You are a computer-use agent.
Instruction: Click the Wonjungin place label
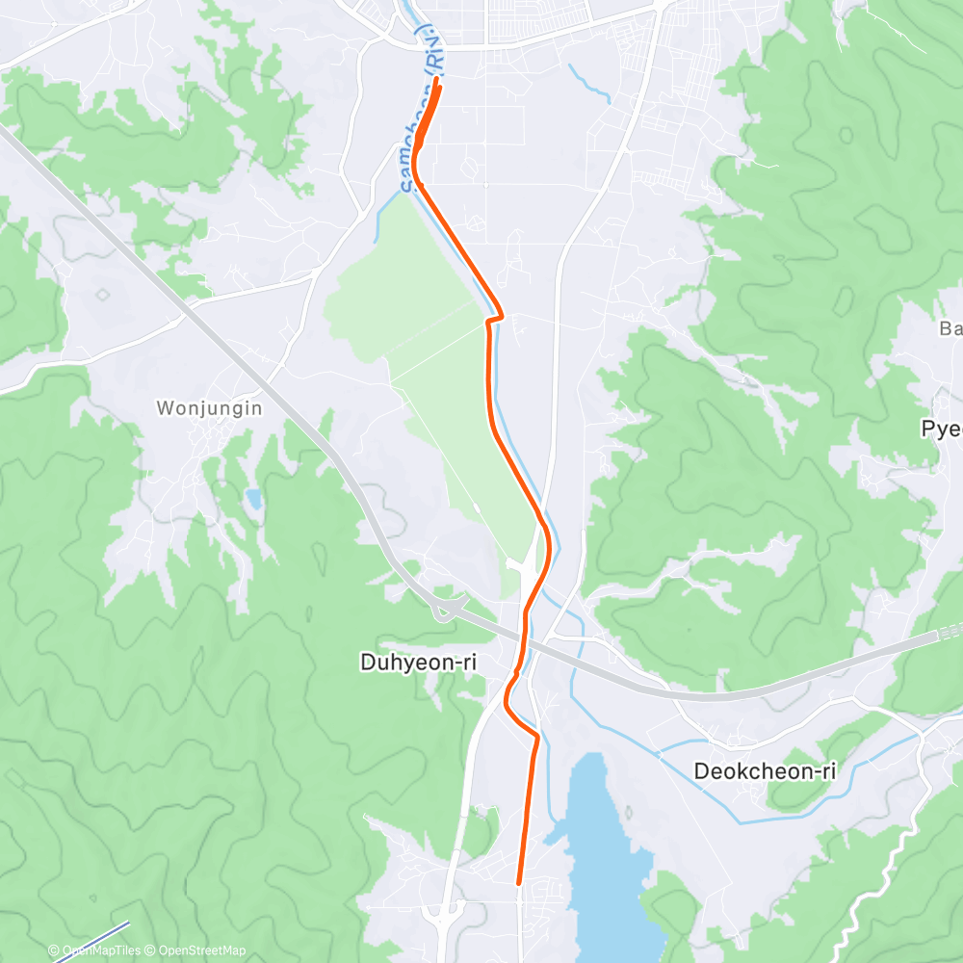pyautogui.click(x=209, y=408)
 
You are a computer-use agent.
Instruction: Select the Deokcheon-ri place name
pyautogui.click(x=764, y=770)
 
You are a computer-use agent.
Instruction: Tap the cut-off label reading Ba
pyautogui.click(x=950, y=328)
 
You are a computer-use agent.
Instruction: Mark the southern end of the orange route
pyautogui.click(x=519, y=881)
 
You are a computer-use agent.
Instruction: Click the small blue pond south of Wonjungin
pyautogui.click(x=252, y=498)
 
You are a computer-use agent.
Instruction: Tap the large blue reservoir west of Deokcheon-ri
pyautogui.click(x=602, y=847)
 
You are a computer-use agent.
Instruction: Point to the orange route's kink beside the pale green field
pyautogui.click(x=495, y=318)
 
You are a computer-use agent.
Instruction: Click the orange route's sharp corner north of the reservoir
pyautogui.click(x=535, y=737)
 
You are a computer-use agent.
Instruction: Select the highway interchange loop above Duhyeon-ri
pyautogui.click(x=445, y=609)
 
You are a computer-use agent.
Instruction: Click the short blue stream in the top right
pyautogui.click(x=588, y=84)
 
